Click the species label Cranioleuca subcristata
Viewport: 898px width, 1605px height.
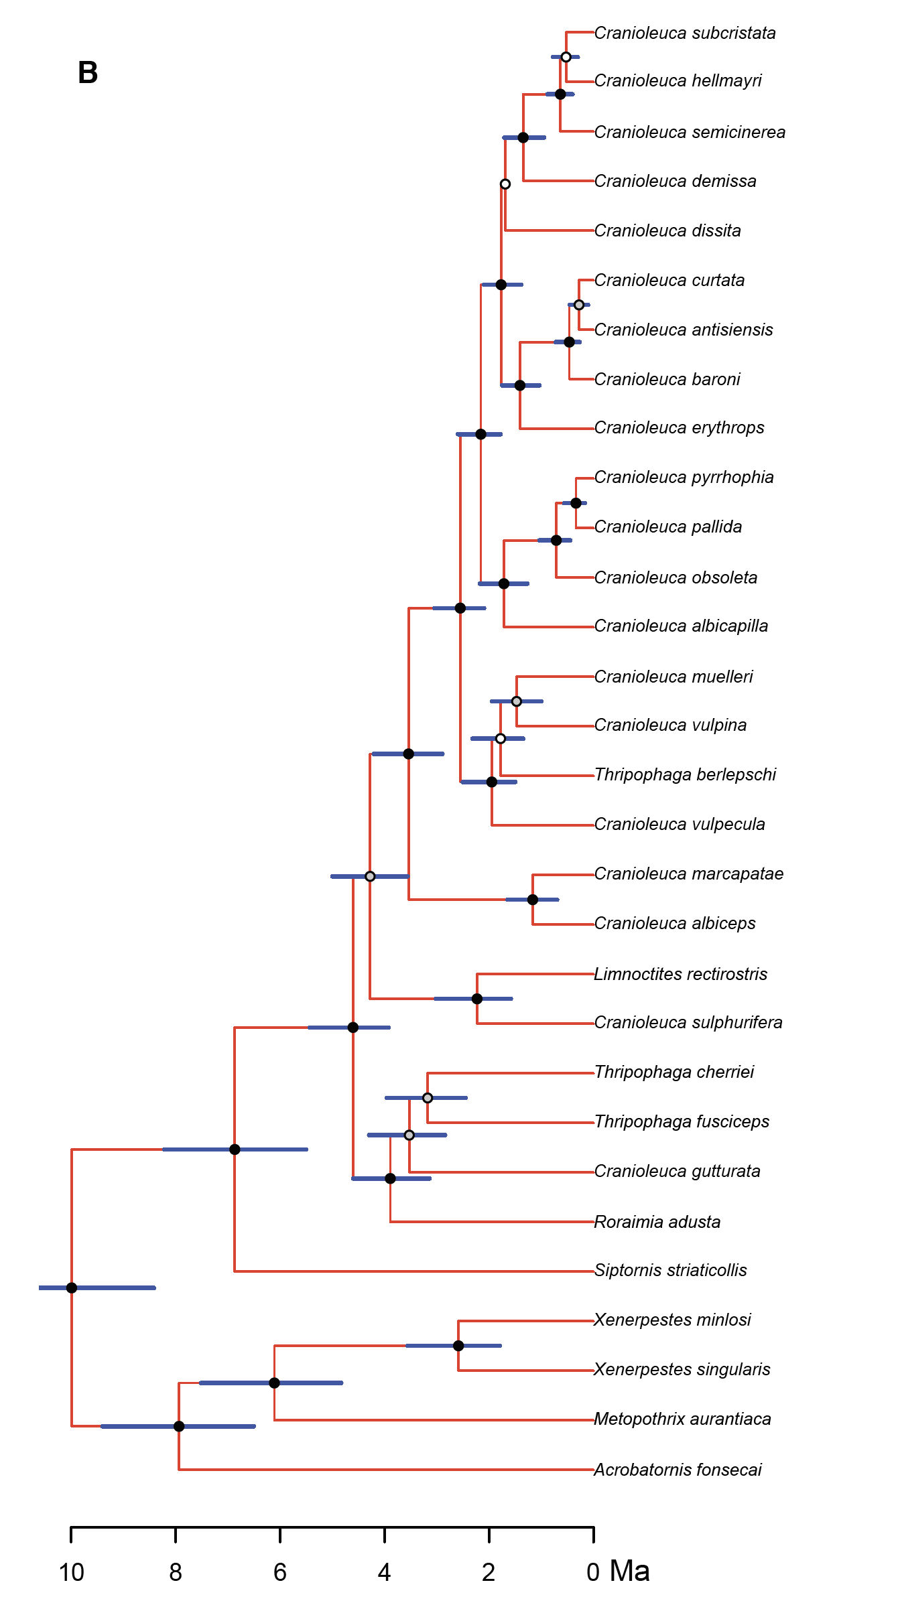tap(685, 33)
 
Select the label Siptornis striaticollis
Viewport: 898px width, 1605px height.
tap(670, 1270)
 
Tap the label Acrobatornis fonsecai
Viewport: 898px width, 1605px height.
tap(678, 1470)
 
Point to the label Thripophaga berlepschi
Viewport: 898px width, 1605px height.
tap(685, 775)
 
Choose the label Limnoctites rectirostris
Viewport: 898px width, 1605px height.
tap(681, 974)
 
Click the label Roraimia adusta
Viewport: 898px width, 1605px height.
tap(657, 1222)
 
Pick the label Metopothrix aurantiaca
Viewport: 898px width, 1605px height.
tap(682, 1419)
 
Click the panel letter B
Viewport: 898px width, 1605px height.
tap(88, 72)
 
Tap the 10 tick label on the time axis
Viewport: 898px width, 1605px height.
tap(72, 1572)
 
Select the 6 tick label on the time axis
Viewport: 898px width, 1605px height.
tap(280, 1572)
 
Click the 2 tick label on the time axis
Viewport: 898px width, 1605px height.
tap(489, 1572)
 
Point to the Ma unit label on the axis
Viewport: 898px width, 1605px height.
tap(630, 1571)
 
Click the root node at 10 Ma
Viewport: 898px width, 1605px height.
tap(72, 1287)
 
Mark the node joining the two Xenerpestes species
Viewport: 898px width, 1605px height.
tap(458, 1346)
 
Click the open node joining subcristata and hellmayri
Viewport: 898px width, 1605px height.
tap(566, 57)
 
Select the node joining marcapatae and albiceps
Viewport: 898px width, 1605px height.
tap(533, 900)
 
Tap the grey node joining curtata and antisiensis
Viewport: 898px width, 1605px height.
tap(579, 305)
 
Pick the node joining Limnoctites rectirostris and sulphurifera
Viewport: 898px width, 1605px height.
tap(477, 999)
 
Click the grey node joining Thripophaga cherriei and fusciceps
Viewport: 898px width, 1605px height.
tap(428, 1098)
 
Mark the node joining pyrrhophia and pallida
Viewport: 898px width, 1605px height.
tap(576, 503)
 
